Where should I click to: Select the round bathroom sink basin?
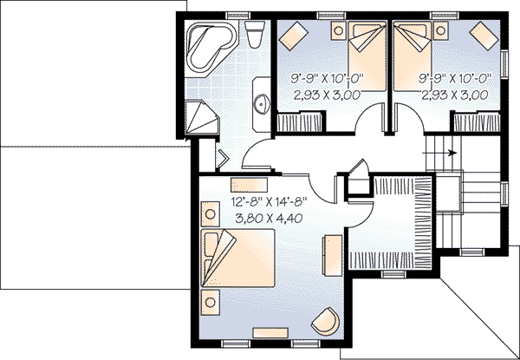tap(261, 105)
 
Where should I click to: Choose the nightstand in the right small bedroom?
tap(444, 31)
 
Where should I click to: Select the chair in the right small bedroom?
tap(480, 36)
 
